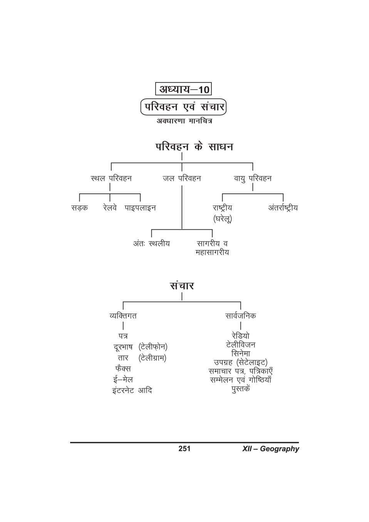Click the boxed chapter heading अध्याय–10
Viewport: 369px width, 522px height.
click(183, 89)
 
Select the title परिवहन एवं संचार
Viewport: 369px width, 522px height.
click(183, 107)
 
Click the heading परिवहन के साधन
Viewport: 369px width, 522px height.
click(194, 147)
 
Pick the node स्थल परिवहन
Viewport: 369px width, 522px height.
click(111, 178)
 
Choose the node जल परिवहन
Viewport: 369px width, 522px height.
click(182, 178)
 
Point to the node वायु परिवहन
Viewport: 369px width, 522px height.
click(253, 178)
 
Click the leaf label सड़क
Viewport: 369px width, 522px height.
click(79, 208)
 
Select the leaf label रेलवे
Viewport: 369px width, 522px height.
click(110, 208)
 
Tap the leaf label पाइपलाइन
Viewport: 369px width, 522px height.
click(140, 208)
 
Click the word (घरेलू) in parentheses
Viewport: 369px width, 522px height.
click(223, 219)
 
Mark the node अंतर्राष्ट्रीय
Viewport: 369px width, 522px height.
click(283, 208)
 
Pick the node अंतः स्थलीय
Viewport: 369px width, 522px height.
click(151, 244)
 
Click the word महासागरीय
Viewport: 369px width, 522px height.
click(212, 253)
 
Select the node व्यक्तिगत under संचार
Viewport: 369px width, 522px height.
click(123, 316)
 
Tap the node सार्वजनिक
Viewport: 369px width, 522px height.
click(240, 316)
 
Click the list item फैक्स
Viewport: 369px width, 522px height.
click(123, 369)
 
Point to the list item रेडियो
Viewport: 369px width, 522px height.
click(240, 336)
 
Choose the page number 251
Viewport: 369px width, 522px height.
click(184, 448)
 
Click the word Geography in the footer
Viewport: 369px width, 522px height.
click(280, 449)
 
